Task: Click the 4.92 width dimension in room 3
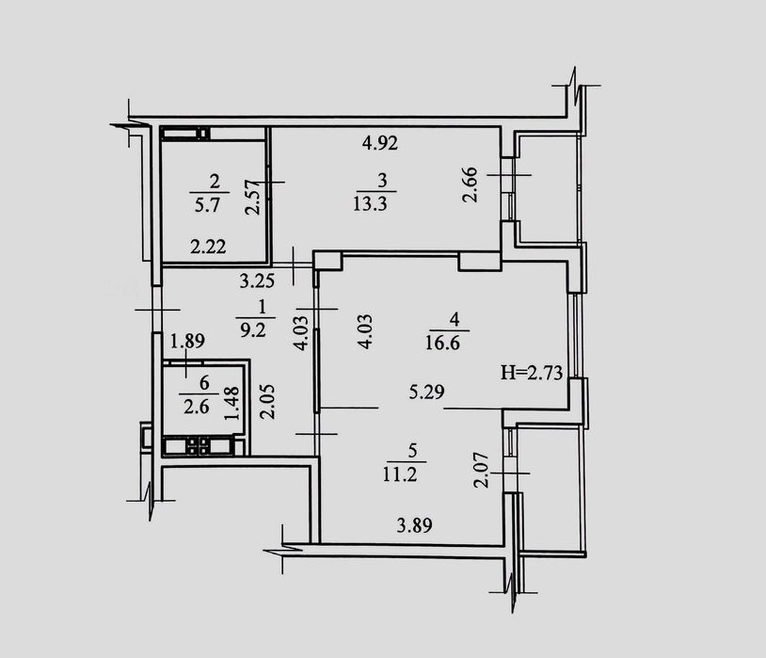coord(380,143)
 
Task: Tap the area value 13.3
coord(371,203)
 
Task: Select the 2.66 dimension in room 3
coord(470,185)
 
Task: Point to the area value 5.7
coord(208,205)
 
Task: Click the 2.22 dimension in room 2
coord(208,247)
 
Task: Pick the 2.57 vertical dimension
coord(252,197)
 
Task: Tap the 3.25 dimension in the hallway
coord(258,281)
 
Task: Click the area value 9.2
coord(253,330)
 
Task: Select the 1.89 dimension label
coord(187,340)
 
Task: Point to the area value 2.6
coord(197,407)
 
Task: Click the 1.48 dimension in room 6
coord(231,403)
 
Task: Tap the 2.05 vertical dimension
coord(267,402)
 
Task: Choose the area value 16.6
coord(442,343)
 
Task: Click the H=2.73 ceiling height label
coord(532,373)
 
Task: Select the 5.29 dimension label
coord(427,392)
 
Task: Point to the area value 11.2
coord(400,474)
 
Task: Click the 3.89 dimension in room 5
coord(415,526)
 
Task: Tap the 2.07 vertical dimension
coord(482,470)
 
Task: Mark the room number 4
coord(455,320)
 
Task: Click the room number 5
coord(413,451)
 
